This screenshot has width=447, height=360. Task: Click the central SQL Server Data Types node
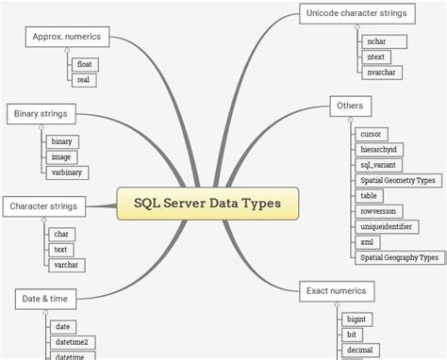coord(207,203)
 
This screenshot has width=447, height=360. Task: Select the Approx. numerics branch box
coord(66,37)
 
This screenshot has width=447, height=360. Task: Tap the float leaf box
coord(84,64)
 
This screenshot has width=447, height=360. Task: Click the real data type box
coord(83,80)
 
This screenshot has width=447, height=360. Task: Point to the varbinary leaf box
coord(68,172)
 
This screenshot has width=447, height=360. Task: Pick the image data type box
coord(62,157)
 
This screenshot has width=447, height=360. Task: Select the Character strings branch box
coord(43,206)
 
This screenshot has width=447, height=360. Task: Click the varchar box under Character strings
coord(66,265)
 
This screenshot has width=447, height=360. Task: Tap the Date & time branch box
coord(43,299)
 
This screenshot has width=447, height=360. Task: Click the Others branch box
coord(349,106)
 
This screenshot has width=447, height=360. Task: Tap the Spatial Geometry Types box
coord(398,180)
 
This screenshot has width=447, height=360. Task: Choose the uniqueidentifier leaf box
coord(392,226)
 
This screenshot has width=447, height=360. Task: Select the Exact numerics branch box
coord(337,290)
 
